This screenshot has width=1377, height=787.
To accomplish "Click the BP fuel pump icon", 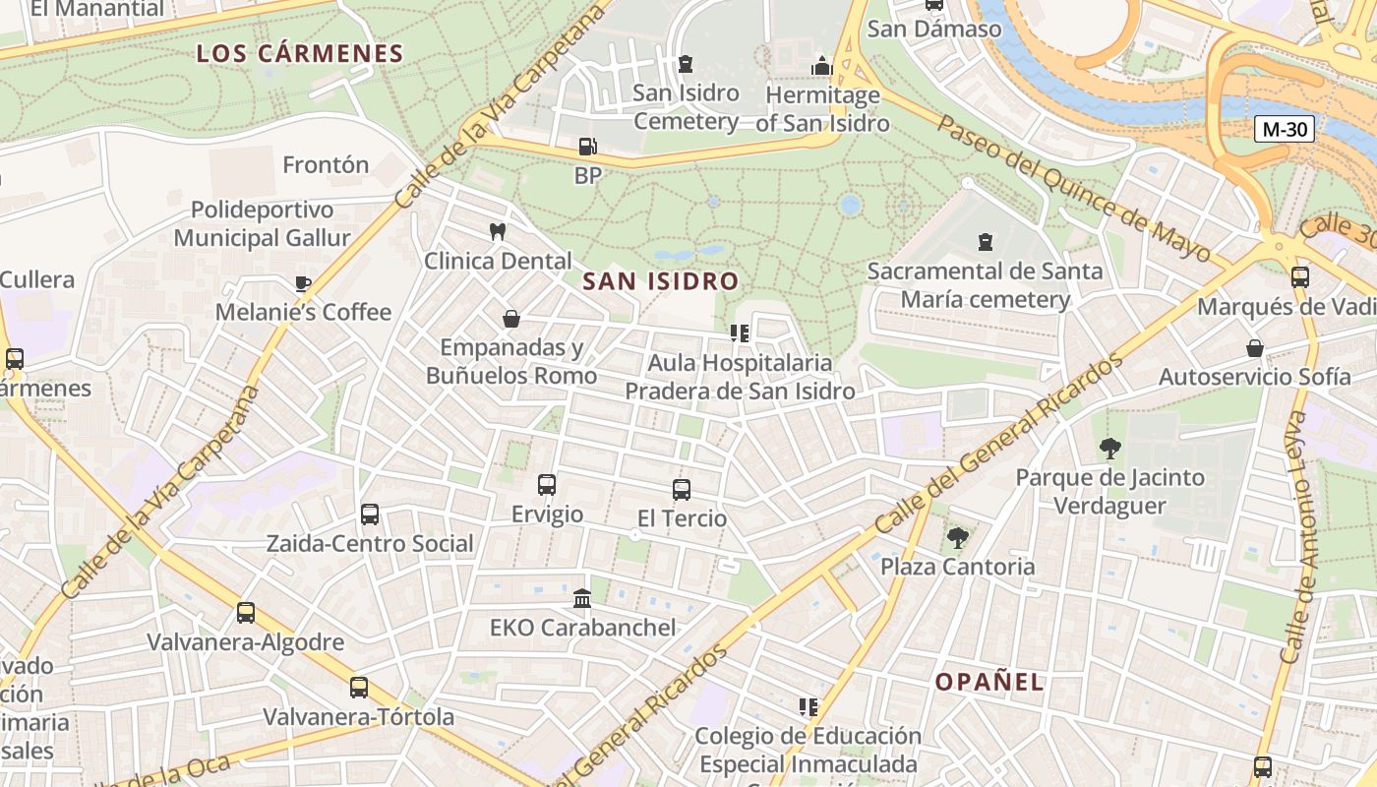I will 587,148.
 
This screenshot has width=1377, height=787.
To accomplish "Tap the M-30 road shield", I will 1285,129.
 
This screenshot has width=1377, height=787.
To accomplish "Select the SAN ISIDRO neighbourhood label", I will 660,281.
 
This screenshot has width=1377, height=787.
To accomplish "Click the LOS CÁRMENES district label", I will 300,53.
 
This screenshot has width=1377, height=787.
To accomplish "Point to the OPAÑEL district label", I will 988,682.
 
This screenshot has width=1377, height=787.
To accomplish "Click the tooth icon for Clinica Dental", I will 498,232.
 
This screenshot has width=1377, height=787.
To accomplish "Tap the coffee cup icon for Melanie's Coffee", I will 303,284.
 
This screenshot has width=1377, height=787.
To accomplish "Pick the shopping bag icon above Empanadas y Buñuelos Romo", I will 511,319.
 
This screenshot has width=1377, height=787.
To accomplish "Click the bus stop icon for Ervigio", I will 547,485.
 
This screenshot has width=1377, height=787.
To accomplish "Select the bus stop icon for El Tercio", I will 682,489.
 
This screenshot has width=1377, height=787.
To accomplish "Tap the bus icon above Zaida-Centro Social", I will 370,515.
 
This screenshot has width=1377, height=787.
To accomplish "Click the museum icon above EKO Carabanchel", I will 582,598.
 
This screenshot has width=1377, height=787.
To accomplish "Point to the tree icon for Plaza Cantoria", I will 957,537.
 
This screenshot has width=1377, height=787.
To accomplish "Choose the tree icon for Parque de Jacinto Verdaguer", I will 1109,449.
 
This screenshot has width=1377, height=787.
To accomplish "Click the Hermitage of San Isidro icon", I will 822,66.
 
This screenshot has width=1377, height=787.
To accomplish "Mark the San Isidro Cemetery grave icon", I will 686,64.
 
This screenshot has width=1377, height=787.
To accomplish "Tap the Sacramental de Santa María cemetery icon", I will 985,241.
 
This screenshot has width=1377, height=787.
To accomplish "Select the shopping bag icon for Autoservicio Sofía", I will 1255,348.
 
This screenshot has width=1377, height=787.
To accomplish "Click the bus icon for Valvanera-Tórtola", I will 359,688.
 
